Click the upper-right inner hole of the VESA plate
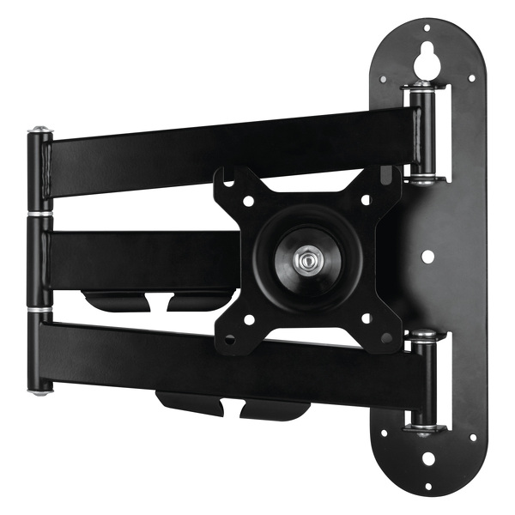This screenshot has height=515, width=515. click(365, 199)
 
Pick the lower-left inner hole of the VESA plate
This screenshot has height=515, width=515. click(249, 318)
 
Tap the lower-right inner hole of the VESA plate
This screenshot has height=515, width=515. click(366, 318)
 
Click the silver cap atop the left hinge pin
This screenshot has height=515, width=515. click(38, 133)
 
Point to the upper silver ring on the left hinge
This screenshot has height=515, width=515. click(38, 213)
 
